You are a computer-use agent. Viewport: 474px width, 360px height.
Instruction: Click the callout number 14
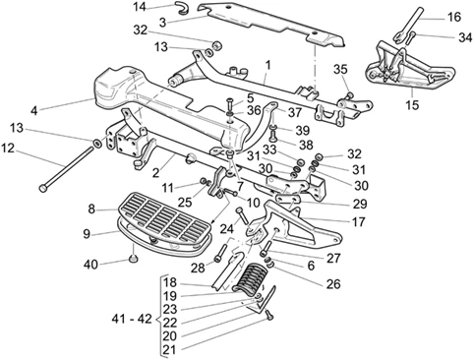pos(141,7)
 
